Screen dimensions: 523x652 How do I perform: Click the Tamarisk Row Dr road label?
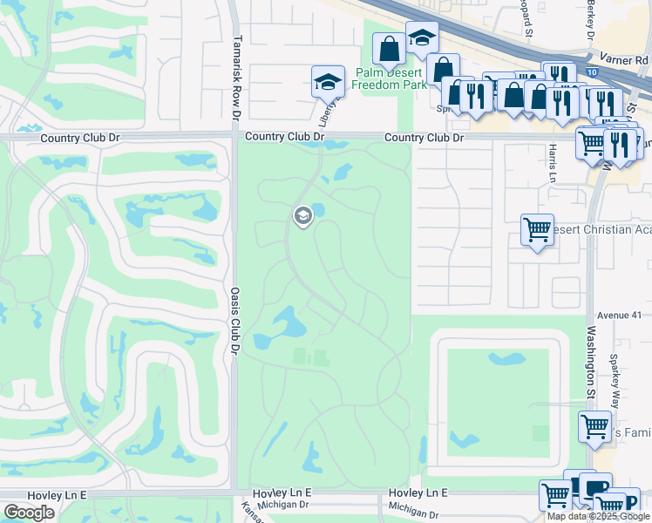point(236,77)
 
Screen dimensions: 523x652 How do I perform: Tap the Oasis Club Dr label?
point(234,308)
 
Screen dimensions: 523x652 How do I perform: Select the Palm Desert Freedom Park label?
point(391,79)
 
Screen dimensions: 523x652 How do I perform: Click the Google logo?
point(30,513)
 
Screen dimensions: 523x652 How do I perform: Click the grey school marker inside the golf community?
point(303,215)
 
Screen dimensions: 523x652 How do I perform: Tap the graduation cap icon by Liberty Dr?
point(327,83)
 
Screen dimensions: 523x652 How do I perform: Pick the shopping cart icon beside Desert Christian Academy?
point(537,231)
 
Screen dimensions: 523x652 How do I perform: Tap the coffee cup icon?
point(596,488)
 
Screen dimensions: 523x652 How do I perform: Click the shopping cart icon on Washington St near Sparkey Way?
point(594,427)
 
